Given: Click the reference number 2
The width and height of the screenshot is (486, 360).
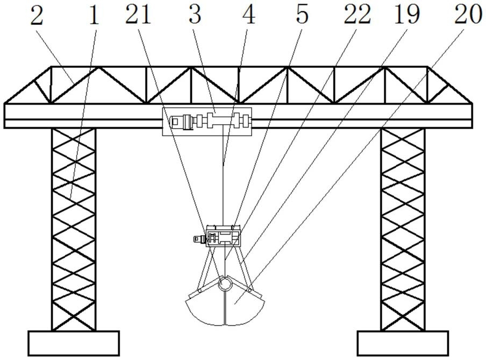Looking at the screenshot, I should (37, 16).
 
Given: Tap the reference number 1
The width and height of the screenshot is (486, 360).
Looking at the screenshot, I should (94, 16).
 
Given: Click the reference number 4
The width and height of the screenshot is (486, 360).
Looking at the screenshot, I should (248, 16).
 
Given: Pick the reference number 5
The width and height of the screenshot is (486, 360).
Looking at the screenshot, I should (303, 16).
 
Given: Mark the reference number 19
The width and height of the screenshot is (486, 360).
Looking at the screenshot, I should (407, 16).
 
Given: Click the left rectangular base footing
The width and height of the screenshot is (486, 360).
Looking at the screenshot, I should (74, 343).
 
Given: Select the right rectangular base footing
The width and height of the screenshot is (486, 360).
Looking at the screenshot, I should (403, 343).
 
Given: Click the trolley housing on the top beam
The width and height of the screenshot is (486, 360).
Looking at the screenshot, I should (207, 121).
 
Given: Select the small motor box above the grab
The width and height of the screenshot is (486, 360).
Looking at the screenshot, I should (221, 237).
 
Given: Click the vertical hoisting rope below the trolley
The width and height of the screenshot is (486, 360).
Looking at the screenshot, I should (223, 178).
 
